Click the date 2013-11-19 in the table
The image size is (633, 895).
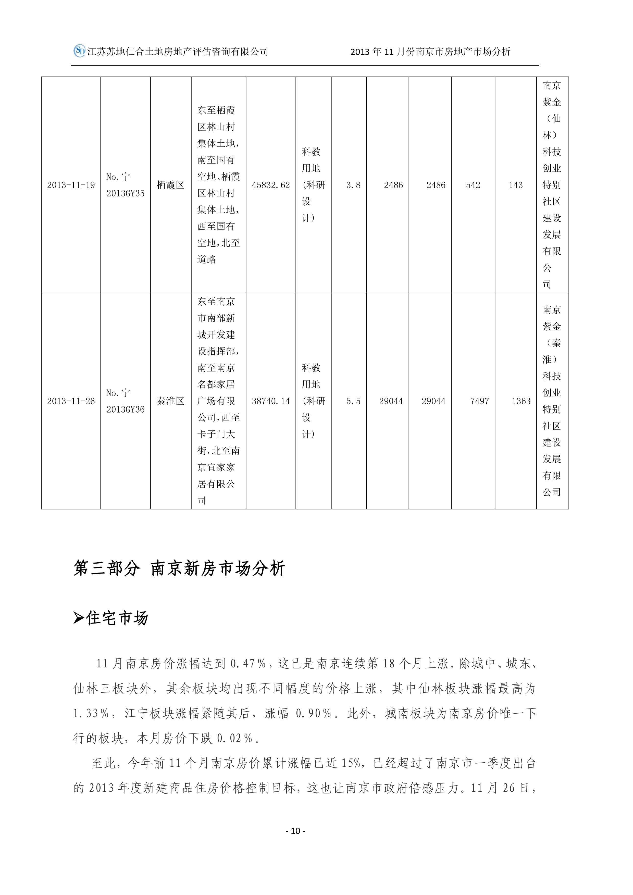point(71,185)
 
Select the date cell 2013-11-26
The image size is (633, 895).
point(71,401)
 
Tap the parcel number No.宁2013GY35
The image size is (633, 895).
point(125,185)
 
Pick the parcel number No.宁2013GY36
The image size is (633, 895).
point(125,401)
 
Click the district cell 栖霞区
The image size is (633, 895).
point(170,185)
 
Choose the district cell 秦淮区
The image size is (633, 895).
point(170,401)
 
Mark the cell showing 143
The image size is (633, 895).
point(515,185)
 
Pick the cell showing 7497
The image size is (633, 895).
point(479,401)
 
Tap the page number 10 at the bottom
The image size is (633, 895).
point(295,831)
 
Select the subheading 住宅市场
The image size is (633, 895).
point(117,619)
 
